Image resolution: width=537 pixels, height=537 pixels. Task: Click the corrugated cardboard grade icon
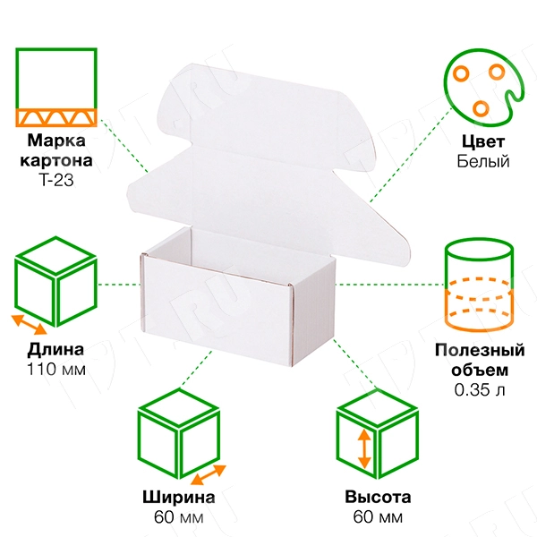point(56,88)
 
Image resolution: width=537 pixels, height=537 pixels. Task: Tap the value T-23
point(56,180)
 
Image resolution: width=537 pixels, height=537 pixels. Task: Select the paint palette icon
point(483,88)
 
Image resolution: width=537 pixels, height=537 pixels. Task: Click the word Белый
point(483,161)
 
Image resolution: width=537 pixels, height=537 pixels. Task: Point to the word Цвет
point(483,141)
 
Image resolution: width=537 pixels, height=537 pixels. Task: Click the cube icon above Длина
point(55,282)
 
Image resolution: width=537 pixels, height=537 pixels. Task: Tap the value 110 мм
point(56,369)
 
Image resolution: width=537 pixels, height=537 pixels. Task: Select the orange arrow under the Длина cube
point(29,325)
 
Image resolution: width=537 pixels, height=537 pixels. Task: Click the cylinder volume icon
point(480,285)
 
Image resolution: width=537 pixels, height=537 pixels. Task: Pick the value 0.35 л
point(480,389)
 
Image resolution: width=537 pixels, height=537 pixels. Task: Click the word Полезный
point(480,350)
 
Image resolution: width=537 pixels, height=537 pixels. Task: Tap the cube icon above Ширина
point(179,433)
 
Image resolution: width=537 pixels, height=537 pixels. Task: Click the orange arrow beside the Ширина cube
point(209,474)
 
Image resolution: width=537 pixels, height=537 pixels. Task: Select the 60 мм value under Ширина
point(179,517)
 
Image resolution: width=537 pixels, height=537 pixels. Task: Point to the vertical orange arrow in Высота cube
point(364,448)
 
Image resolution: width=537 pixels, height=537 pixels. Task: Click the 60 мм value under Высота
point(378,516)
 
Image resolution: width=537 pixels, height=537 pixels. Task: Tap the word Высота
point(378,497)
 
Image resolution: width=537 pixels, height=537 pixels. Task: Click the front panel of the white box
point(217,311)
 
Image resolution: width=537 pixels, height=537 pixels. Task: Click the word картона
point(56,160)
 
